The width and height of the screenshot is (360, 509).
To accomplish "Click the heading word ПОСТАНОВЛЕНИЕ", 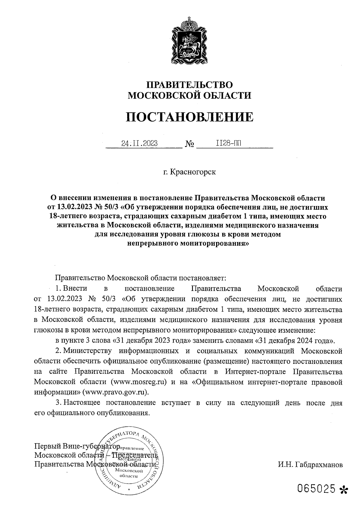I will [x=189, y=117].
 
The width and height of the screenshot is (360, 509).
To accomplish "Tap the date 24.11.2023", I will [x=139, y=143].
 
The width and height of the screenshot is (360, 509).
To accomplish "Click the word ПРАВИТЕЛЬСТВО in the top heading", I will [x=189, y=85].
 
